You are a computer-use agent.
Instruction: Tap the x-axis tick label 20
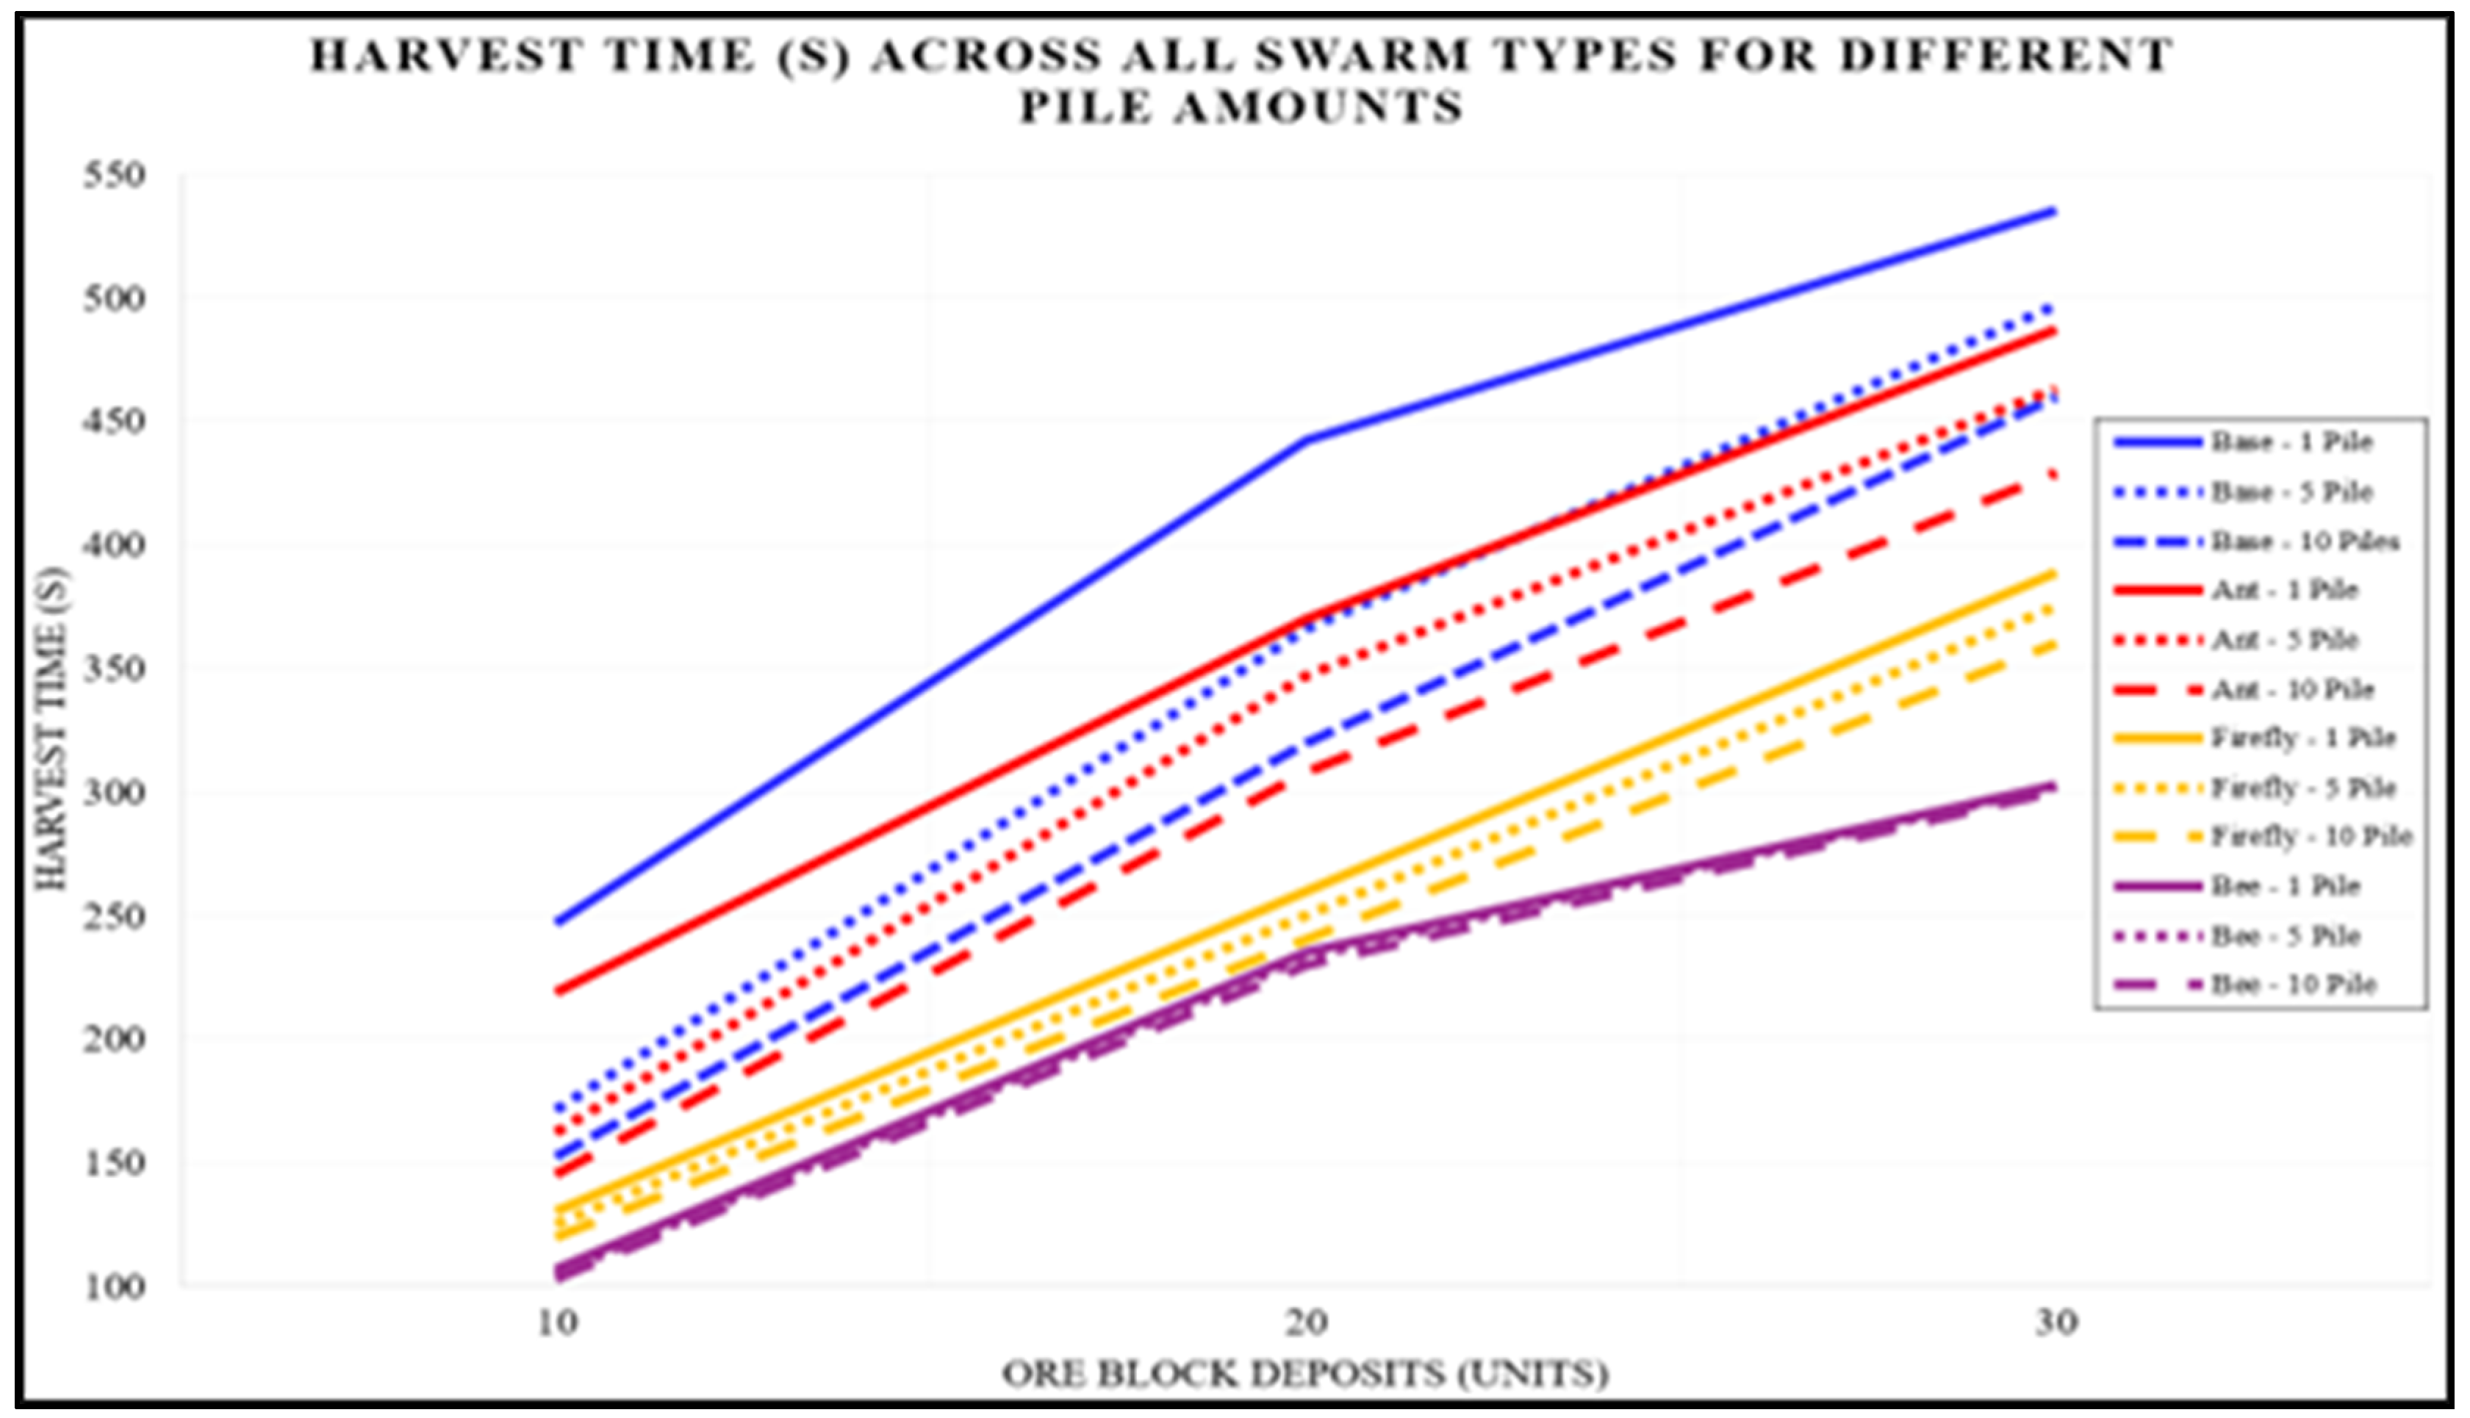(1306, 1322)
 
